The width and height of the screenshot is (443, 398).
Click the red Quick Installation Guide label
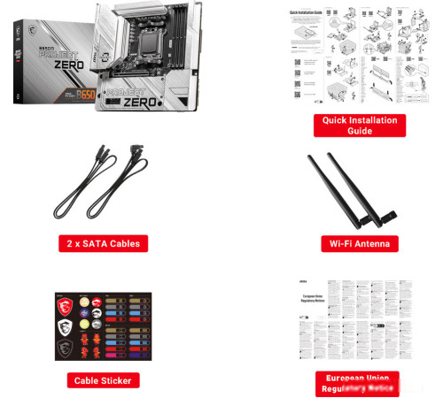pyautogui.click(x=359, y=125)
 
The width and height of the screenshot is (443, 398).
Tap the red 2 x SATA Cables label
pyautogui.click(x=103, y=242)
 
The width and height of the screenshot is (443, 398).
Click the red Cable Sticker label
pyautogui.click(x=104, y=380)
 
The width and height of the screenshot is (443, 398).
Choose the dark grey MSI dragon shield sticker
pyautogui.click(x=62, y=350)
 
